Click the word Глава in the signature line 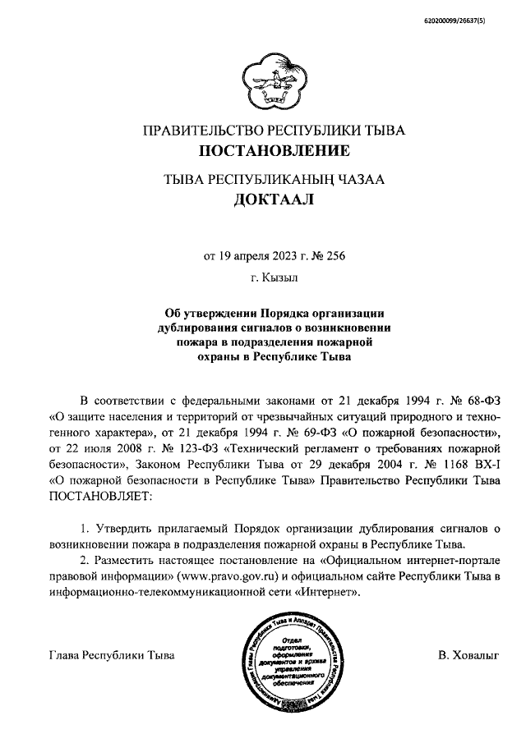[x=65, y=656]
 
